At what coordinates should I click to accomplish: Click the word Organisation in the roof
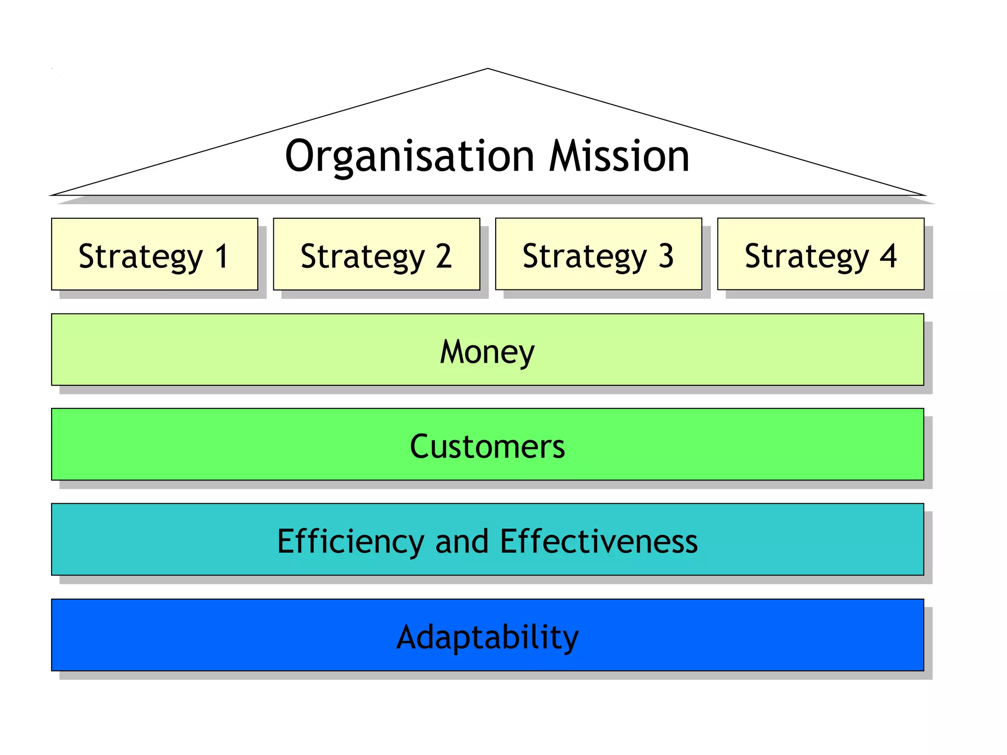[x=409, y=156]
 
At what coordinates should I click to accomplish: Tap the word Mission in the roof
[x=619, y=156]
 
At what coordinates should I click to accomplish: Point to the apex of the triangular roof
[x=488, y=69]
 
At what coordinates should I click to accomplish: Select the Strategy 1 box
[x=154, y=254]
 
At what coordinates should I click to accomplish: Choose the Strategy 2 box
[x=377, y=254]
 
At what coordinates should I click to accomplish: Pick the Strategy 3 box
[x=598, y=254]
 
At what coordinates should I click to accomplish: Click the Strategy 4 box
[x=821, y=254]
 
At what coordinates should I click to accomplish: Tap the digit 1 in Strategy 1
[x=222, y=256]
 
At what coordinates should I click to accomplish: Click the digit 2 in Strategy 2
[x=444, y=256]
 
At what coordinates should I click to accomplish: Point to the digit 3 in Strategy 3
[x=666, y=256]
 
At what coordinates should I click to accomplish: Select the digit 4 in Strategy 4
[x=889, y=256]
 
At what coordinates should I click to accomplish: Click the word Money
[x=487, y=352]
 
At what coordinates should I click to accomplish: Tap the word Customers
[x=487, y=446]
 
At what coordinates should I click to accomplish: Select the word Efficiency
[x=350, y=542]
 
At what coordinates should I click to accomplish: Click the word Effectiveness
[x=599, y=542]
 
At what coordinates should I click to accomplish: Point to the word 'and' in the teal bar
[x=462, y=542]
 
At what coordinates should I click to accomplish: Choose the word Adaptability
[x=487, y=637]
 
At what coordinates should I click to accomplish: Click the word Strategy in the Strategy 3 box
[x=585, y=257]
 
